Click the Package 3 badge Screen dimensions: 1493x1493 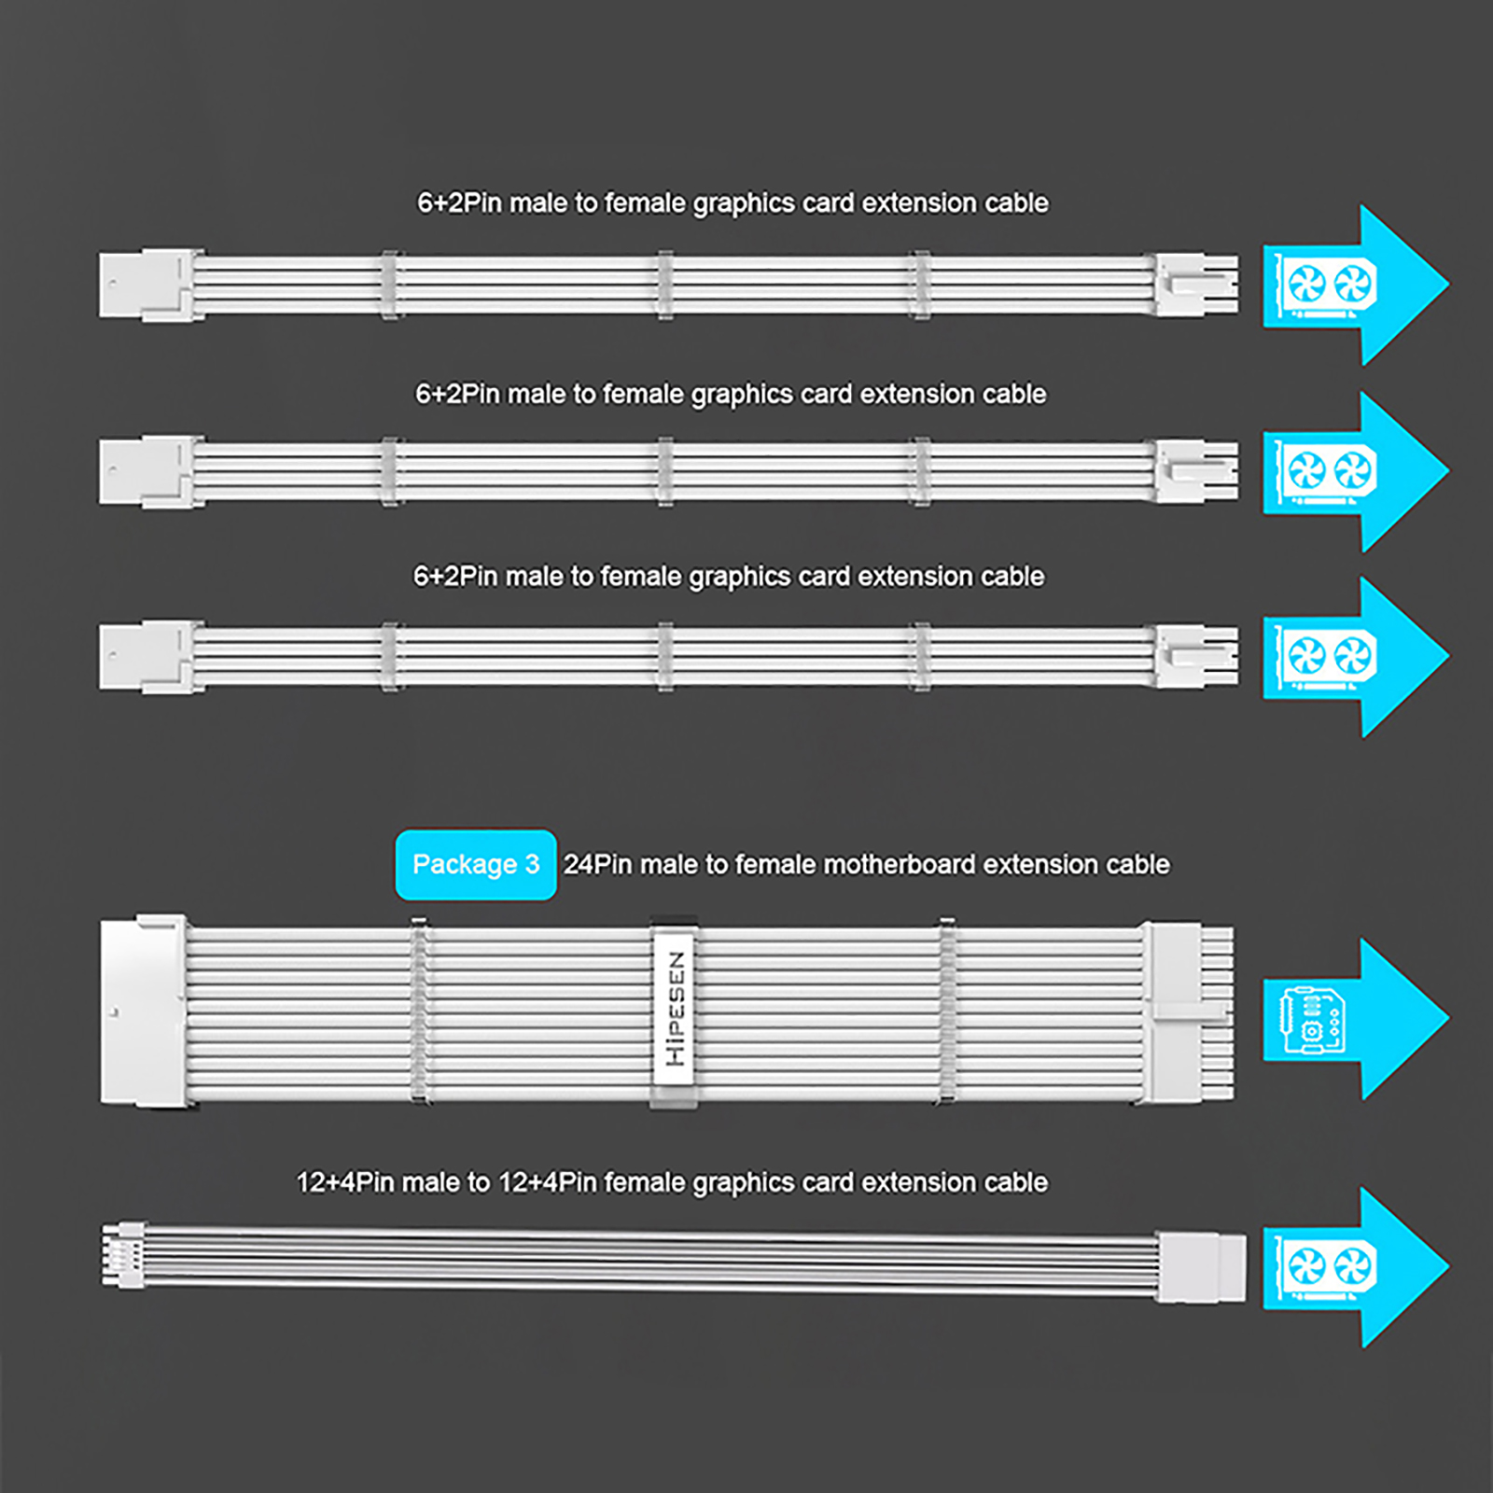tap(476, 865)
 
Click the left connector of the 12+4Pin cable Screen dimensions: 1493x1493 tap(123, 1255)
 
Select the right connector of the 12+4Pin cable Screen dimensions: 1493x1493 tap(1202, 1266)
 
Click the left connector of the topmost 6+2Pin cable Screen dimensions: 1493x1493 tap(149, 285)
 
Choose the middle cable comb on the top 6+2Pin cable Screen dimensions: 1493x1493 tap(665, 285)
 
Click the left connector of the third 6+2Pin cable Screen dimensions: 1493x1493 tap(149, 657)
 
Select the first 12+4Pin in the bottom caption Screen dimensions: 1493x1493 tap(344, 1183)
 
